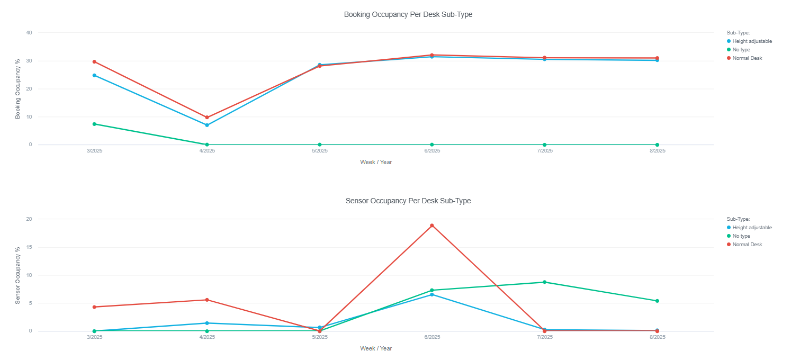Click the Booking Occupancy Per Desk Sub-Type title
(x=408, y=15)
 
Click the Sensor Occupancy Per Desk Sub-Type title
(x=408, y=201)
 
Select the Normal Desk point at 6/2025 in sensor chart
(x=432, y=226)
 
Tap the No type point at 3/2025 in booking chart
(x=94, y=124)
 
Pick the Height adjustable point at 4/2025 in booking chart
(x=207, y=125)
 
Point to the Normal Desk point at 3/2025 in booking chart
(x=94, y=61)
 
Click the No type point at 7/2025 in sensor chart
(x=544, y=282)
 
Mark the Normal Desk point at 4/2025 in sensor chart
(x=207, y=300)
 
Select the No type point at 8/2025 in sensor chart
(x=657, y=301)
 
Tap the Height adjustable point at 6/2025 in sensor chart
(x=432, y=294)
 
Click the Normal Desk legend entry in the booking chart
(x=747, y=58)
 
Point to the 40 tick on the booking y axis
(x=29, y=33)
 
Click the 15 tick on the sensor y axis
(x=29, y=247)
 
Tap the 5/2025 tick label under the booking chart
(x=319, y=151)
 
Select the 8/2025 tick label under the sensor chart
(x=657, y=337)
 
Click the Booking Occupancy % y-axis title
(x=18, y=88)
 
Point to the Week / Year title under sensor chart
(x=376, y=348)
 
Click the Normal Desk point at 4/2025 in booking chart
(x=207, y=118)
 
